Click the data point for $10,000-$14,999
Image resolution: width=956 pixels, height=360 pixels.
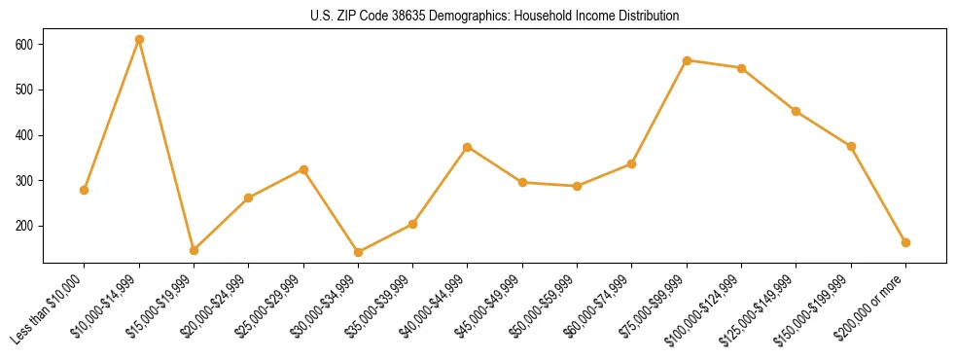point(139,40)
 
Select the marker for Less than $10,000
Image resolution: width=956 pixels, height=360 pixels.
point(85,190)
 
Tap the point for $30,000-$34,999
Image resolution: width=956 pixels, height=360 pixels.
point(359,252)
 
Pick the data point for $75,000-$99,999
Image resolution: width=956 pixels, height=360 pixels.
point(688,60)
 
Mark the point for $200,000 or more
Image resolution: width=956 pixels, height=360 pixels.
point(906,242)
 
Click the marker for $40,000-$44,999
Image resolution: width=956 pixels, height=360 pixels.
point(468,147)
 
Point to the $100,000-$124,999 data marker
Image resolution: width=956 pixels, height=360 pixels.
point(742,68)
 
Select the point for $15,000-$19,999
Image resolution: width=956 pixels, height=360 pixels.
point(194,250)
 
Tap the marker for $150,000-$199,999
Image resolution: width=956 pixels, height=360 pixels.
point(852,146)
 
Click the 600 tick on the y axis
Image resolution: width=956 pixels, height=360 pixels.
point(25,45)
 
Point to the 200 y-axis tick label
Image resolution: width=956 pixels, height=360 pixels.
point(25,226)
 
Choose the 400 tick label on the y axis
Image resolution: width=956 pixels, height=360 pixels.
point(25,135)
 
